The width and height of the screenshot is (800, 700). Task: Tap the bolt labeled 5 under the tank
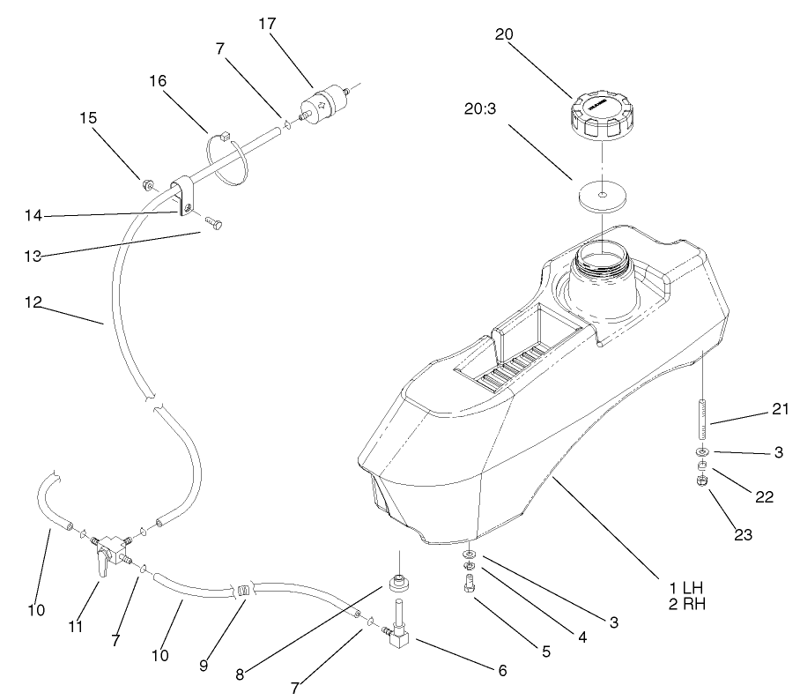(469, 583)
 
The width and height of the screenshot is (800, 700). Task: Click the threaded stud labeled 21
(702, 421)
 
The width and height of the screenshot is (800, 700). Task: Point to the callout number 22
(763, 496)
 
